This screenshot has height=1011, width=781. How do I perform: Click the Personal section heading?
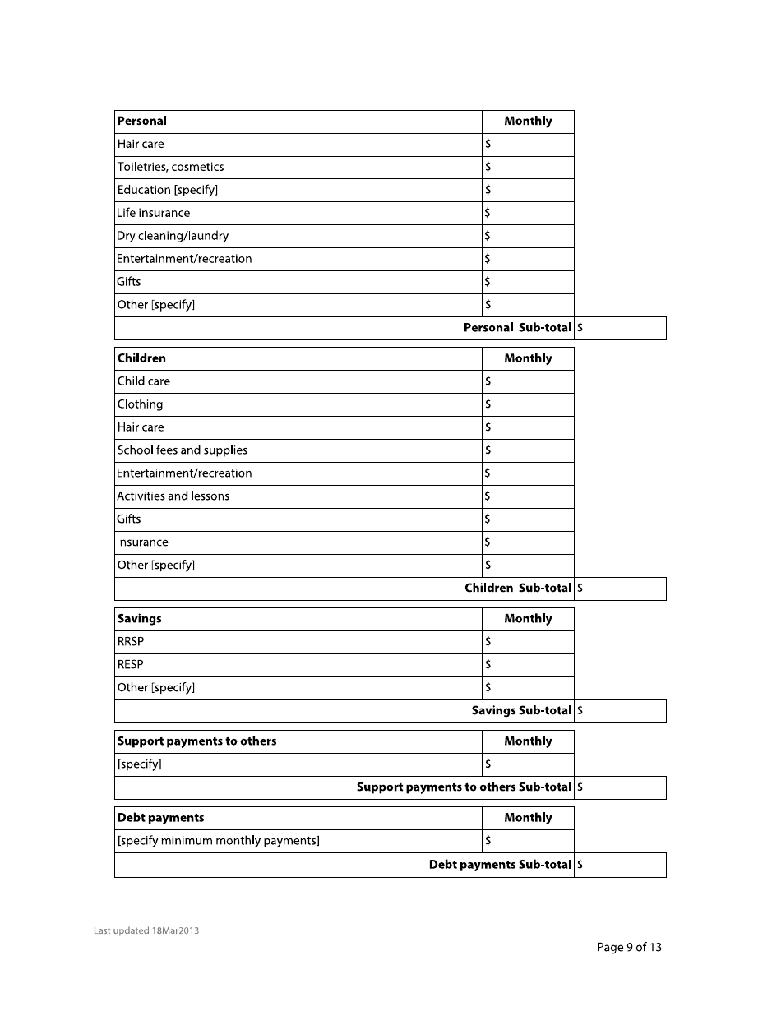point(142,121)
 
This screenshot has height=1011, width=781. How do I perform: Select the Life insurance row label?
point(153,213)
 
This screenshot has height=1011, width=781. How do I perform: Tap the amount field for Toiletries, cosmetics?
point(528,167)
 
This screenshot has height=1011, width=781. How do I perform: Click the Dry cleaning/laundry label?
point(173,236)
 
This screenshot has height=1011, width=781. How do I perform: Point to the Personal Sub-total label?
point(517,328)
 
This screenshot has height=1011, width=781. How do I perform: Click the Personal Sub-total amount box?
point(621,328)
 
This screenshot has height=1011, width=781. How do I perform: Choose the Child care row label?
point(144,381)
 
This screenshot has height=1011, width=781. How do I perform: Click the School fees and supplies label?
point(182,450)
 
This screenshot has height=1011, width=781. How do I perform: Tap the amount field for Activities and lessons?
point(528,496)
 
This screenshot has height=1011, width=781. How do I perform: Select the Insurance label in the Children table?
point(142,542)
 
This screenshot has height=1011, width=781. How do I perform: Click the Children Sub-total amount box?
point(621,589)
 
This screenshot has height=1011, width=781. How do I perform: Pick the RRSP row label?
point(131,642)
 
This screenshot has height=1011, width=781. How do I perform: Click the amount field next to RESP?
point(528,665)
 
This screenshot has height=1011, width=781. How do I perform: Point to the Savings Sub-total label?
point(521,711)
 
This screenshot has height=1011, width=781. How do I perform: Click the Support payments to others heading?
point(196,741)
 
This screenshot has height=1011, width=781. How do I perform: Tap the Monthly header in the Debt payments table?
point(528,818)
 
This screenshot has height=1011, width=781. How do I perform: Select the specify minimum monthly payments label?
point(218,841)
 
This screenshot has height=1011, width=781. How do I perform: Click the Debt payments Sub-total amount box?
point(621,865)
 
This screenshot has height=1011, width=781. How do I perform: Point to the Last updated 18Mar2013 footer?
point(146,930)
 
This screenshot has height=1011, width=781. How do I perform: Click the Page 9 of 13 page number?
point(629,947)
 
